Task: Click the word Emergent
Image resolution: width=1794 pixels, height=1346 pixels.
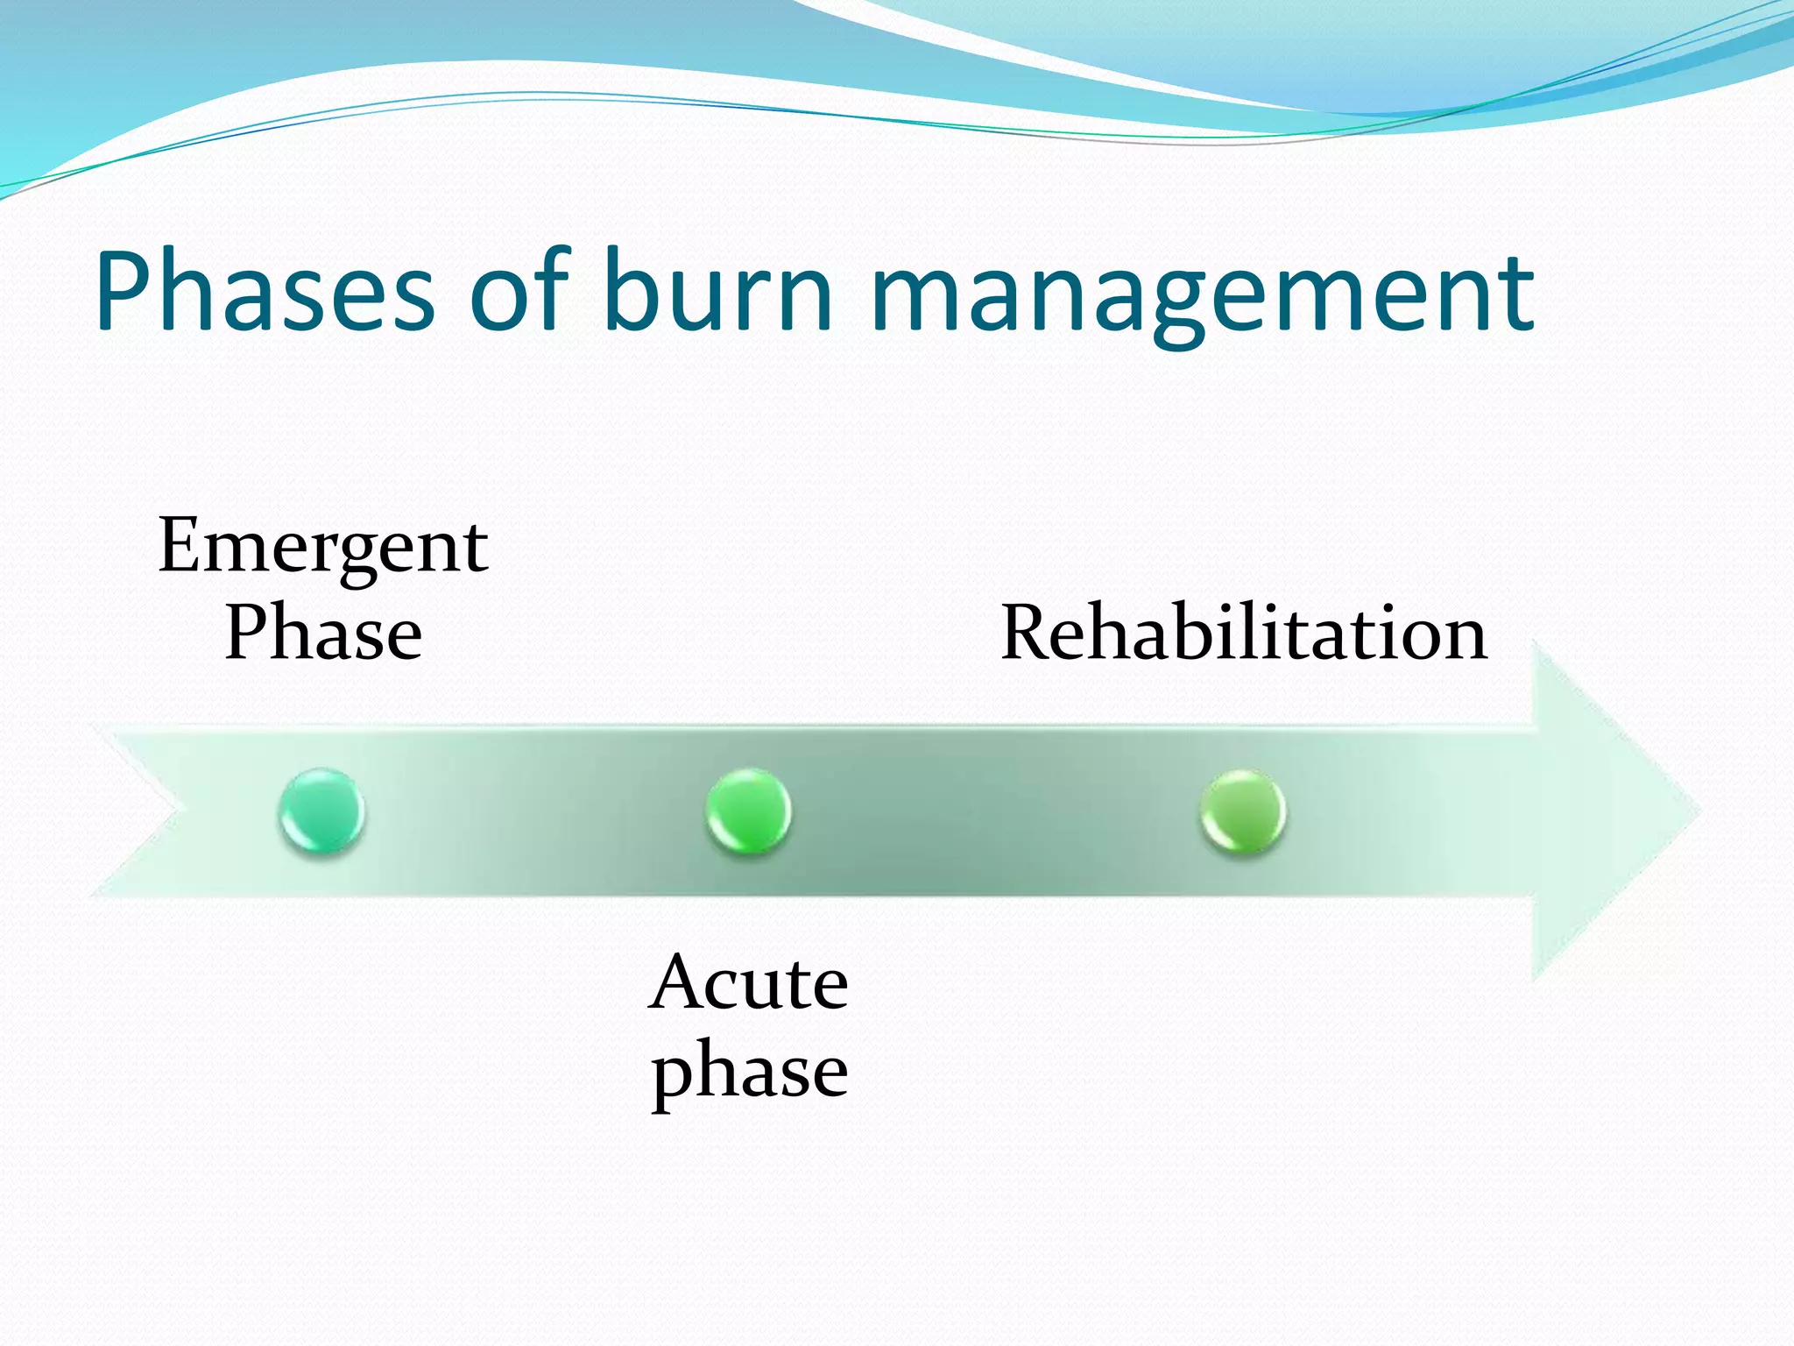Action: (x=323, y=548)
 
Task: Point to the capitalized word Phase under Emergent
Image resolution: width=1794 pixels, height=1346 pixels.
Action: (x=323, y=633)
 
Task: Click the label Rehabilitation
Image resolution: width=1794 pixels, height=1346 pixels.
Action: (x=1243, y=633)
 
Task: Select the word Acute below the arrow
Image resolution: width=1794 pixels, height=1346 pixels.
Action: (x=749, y=983)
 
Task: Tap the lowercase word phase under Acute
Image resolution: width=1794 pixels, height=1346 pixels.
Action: (x=749, y=1071)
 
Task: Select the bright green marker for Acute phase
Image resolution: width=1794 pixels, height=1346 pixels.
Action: (x=748, y=811)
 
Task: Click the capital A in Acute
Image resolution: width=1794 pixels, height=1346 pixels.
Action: (x=677, y=983)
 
